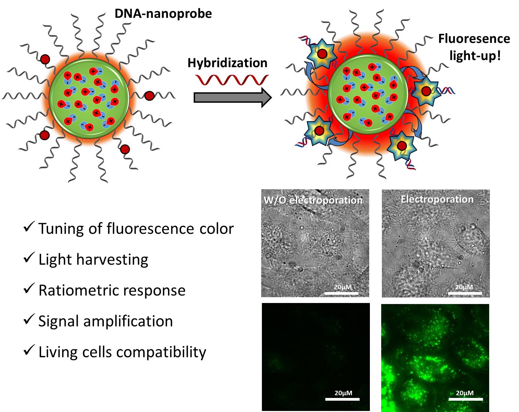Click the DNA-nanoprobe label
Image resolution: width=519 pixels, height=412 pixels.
coord(163,14)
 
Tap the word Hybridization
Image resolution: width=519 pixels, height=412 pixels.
coord(227,63)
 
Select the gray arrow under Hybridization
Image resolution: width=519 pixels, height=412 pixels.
coord(232,97)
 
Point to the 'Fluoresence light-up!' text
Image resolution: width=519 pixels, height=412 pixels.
coord(474,47)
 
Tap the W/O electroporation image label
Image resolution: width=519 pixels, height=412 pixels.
coord(313,200)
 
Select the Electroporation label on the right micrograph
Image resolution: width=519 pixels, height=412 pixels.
coord(437,199)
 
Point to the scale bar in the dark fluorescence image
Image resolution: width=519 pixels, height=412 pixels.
coord(342,399)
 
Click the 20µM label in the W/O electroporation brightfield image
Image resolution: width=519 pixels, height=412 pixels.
coord(342,287)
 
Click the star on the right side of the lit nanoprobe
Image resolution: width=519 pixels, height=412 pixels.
coord(426,91)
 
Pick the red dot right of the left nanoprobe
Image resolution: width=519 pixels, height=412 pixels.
coord(149,96)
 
